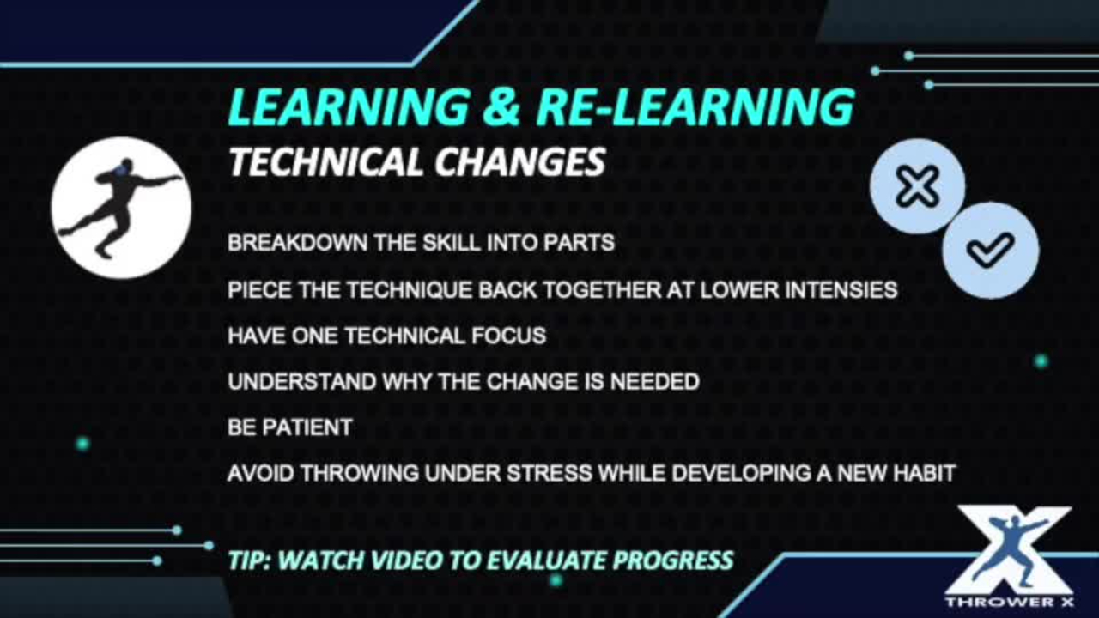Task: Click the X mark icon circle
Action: (x=917, y=187)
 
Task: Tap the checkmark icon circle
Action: (x=990, y=249)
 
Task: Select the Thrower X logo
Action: (x=1010, y=556)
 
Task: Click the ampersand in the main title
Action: (x=501, y=107)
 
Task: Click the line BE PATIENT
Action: (x=289, y=427)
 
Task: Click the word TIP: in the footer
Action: (x=249, y=560)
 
